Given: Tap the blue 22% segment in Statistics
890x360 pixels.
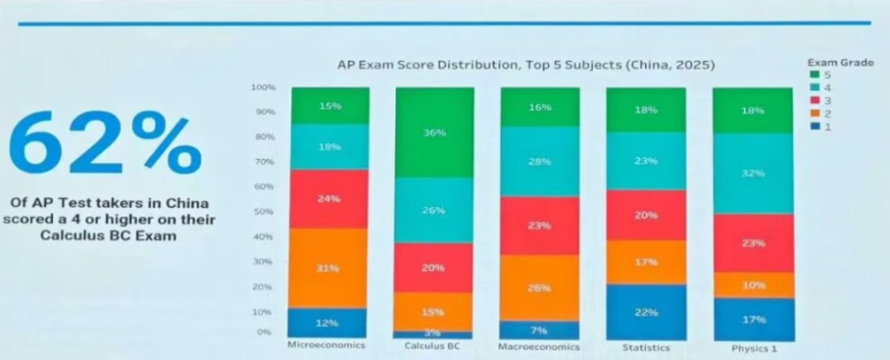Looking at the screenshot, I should coord(646,312).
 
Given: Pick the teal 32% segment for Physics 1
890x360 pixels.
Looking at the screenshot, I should coord(753,173).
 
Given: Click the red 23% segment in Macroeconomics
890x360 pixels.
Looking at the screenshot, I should coord(540,225).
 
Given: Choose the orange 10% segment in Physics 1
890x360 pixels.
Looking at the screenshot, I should coord(753,285).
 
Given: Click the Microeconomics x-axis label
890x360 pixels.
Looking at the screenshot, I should coord(326,345).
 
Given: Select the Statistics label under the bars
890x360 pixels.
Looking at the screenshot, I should coord(646,347).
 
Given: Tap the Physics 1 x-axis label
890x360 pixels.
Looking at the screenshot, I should coord(753,348).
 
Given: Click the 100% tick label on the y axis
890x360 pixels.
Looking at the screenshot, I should coord(263,86).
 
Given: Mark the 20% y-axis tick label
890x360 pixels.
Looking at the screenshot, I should coord(264,287).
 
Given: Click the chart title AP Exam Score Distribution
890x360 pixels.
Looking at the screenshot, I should coord(525,64).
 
